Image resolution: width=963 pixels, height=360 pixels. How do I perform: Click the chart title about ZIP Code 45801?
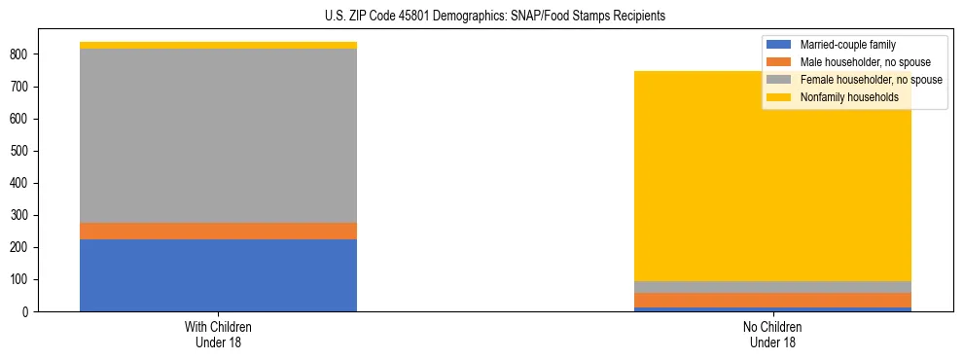[x=495, y=17]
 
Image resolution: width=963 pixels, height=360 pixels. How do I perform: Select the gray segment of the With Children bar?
[x=218, y=135]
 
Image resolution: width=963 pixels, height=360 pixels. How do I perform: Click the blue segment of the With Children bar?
[x=218, y=275]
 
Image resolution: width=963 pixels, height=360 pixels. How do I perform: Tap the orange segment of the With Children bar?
[x=218, y=231]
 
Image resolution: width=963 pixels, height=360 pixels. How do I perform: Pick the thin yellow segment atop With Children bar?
[x=218, y=45]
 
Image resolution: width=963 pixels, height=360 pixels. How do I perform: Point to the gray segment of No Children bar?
[x=773, y=287]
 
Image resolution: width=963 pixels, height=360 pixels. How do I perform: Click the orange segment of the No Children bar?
[x=773, y=300]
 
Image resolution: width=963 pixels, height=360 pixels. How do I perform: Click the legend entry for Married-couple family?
[x=847, y=45]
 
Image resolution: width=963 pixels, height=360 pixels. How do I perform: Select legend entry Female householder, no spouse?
[x=871, y=80]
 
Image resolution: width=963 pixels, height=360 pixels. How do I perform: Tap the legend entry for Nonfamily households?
[x=849, y=97]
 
